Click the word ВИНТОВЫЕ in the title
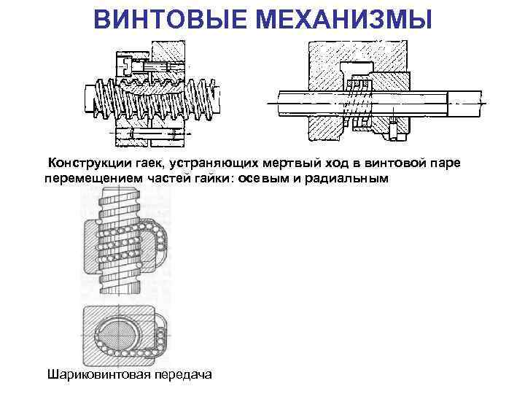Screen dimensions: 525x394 click(172, 19)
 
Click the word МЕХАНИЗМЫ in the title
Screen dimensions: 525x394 click(344, 19)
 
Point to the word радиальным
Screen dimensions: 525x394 click(346, 179)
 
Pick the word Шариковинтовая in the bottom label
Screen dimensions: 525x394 click(99, 374)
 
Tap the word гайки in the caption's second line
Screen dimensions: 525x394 click(212, 179)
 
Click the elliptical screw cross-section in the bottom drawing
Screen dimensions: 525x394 click(118, 336)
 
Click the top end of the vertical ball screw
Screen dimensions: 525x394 click(119, 190)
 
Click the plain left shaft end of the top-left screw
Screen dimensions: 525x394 click(89, 98)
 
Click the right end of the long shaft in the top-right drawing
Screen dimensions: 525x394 click(465, 104)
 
